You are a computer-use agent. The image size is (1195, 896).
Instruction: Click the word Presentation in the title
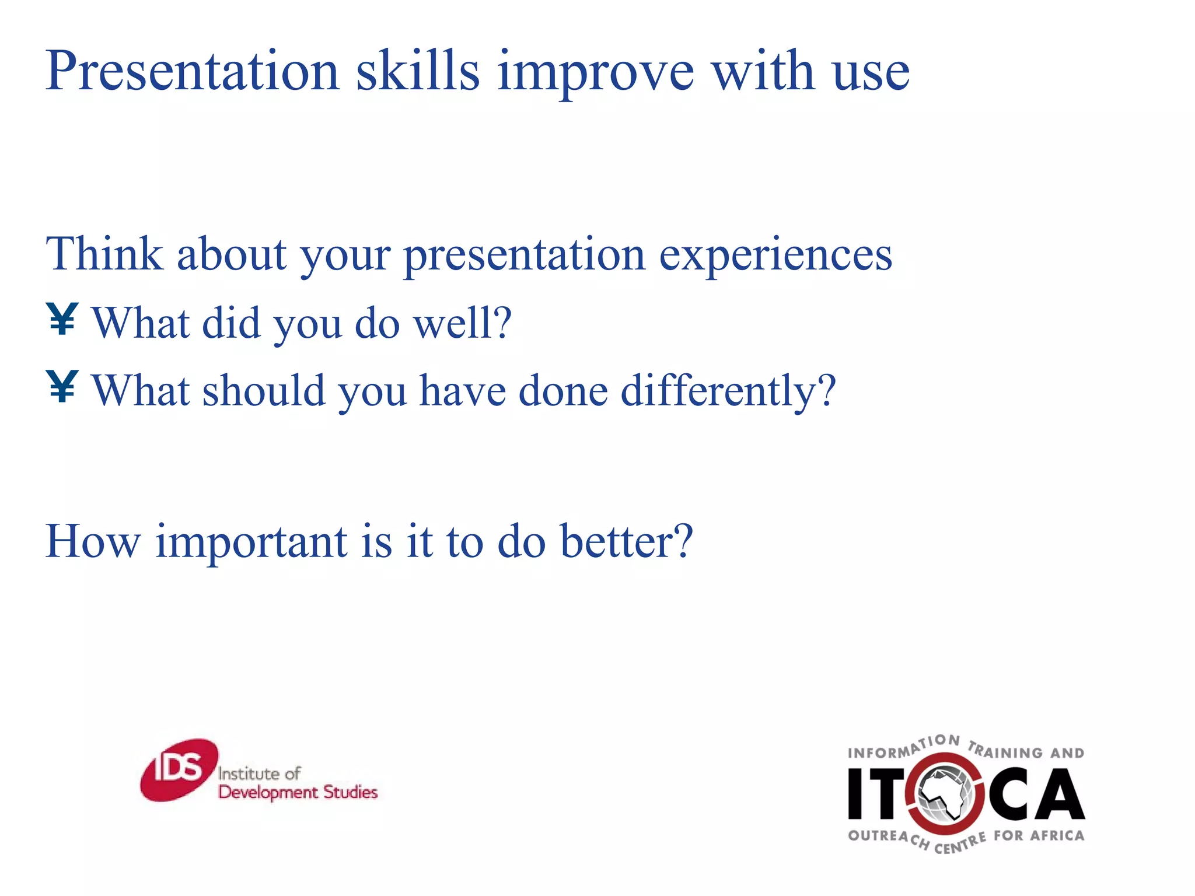click(x=193, y=72)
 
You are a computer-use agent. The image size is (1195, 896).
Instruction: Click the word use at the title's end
click(x=871, y=73)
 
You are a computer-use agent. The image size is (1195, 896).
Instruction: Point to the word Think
click(x=104, y=254)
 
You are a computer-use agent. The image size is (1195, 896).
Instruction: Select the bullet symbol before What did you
click(x=62, y=319)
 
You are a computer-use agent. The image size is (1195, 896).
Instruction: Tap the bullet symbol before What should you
click(x=62, y=387)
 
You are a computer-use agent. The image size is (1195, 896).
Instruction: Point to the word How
click(x=93, y=541)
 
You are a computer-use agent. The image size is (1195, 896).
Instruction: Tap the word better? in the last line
click(x=626, y=541)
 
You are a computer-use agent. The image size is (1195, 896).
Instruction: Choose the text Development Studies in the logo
click(x=298, y=792)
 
